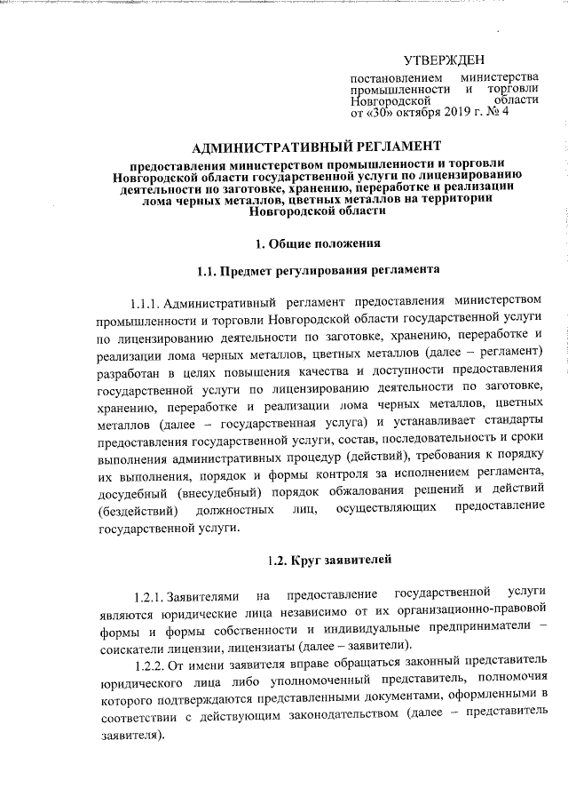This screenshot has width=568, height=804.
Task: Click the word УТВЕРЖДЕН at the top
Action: click(445, 60)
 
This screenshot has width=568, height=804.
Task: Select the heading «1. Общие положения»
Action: click(318, 242)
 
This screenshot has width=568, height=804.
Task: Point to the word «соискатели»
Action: click(125, 643)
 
